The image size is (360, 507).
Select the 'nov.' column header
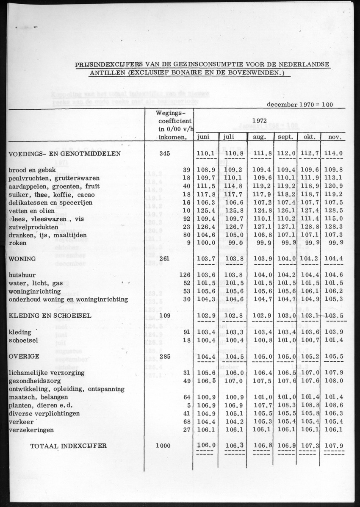pos(332,137)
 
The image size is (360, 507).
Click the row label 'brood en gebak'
pos(28,169)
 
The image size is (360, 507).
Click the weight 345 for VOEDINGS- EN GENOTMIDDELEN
pos(164,153)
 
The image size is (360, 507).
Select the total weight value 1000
pos(163,446)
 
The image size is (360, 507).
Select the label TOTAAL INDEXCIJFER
pos(68,446)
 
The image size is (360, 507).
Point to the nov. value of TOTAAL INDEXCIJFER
pos(334,446)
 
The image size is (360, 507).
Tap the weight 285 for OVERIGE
pos(164,357)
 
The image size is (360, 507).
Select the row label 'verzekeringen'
pos(31,430)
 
